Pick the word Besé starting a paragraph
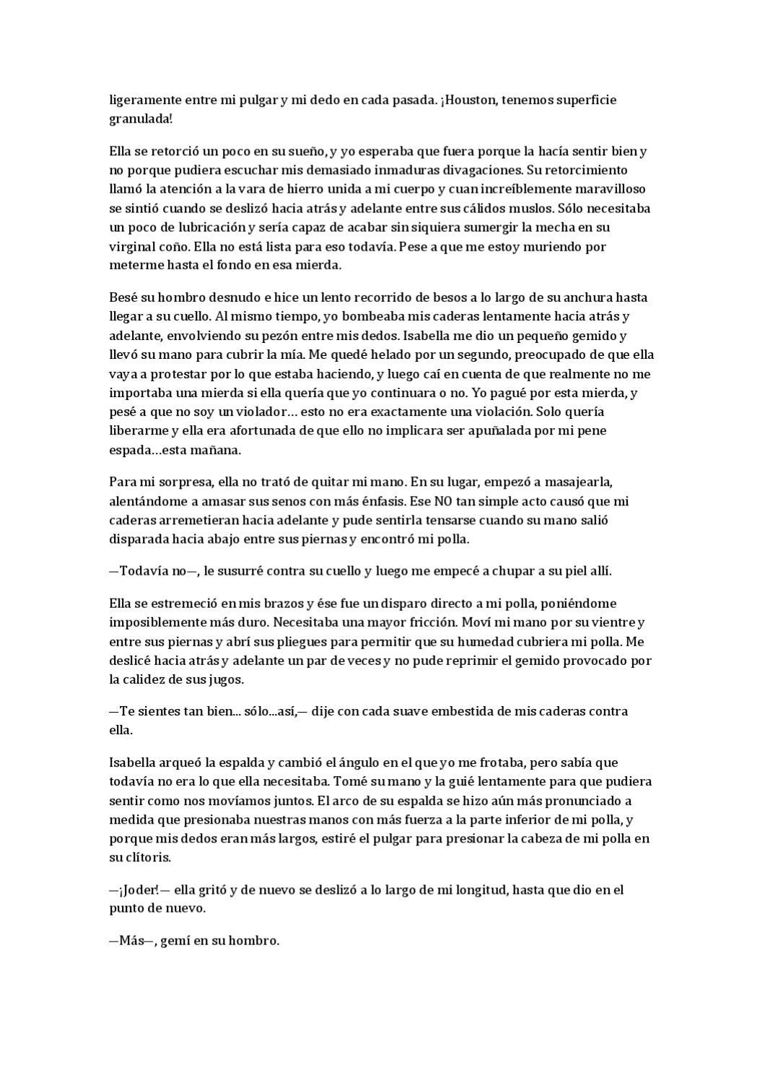[123, 297]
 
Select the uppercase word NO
[444, 501]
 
